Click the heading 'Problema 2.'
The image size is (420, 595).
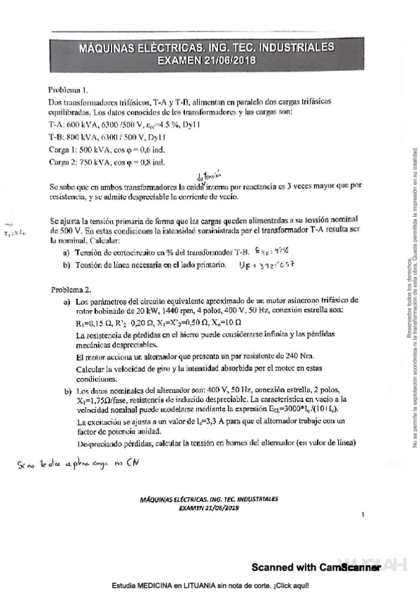[72, 289]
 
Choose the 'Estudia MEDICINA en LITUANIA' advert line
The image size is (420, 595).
[209, 584]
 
